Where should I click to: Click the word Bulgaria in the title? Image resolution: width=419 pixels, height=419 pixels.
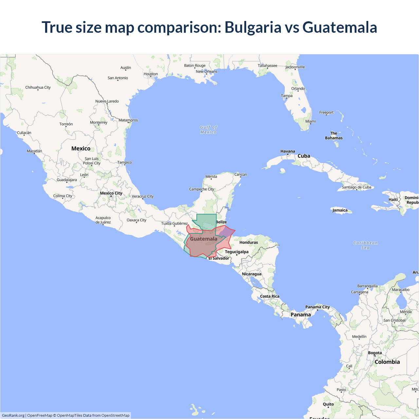tap(253, 27)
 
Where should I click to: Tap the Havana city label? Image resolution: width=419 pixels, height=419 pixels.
tap(288, 151)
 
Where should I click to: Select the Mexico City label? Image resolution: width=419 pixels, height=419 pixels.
tap(111, 193)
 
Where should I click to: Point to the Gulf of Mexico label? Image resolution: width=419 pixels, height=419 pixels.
tap(209, 130)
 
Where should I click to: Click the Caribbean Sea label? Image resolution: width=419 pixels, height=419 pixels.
tap(365, 245)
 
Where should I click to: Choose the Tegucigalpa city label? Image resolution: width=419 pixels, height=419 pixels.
tap(237, 252)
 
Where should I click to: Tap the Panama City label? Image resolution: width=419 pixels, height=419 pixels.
tap(318, 307)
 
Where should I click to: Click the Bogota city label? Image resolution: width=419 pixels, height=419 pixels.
tap(375, 353)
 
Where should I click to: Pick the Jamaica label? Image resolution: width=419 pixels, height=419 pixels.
tap(340, 210)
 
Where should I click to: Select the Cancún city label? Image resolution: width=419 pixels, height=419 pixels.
tap(241, 174)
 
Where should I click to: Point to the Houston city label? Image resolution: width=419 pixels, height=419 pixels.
tap(151, 74)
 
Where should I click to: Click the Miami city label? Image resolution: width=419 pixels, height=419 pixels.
tap(311, 121)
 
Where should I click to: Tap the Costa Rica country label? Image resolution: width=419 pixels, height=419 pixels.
tap(270, 296)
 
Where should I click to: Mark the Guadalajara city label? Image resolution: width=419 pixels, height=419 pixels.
tap(67, 180)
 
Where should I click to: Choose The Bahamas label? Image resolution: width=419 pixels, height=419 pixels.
tap(334, 136)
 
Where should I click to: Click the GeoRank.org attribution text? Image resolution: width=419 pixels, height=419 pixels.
tap(13, 415)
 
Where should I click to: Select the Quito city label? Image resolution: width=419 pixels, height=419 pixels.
tap(328, 404)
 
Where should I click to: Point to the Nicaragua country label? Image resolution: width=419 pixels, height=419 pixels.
tap(252, 274)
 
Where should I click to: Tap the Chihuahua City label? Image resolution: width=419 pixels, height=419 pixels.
tap(38, 87)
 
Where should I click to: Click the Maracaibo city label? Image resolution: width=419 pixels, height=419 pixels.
tap(401, 290)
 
